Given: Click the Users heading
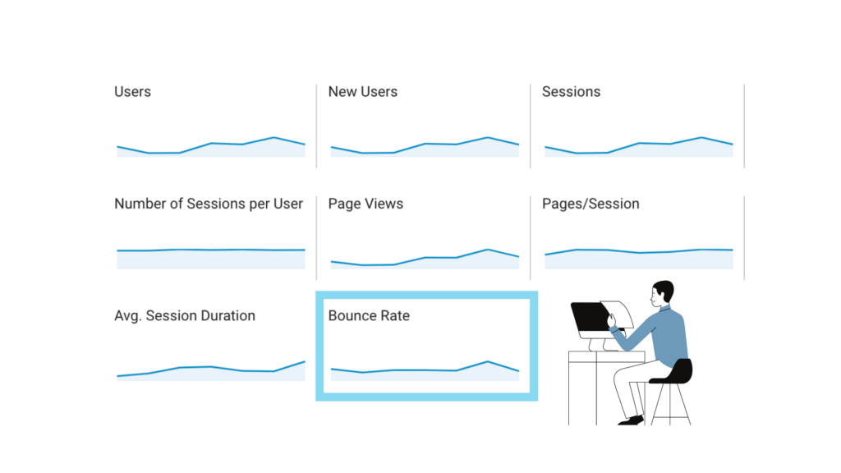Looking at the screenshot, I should coord(132,92).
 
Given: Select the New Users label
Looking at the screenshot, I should coord(362,92).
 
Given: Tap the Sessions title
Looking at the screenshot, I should coord(571,92).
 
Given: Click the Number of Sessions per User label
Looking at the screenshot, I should coord(209,204).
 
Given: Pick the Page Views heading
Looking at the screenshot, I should coord(365,204).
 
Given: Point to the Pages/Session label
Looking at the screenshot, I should coord(591,204).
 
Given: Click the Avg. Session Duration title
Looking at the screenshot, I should coord(185,315).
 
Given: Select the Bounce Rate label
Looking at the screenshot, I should coord(369,315).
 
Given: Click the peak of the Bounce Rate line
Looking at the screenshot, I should coord(488,361).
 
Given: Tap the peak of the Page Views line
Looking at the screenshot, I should coord(488,249).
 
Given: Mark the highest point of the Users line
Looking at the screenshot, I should coord(273,137).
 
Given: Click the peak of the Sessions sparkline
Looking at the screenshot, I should coord(701,137).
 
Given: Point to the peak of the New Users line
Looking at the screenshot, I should coord(488,137).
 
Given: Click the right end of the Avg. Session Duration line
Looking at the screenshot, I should coord(305,361).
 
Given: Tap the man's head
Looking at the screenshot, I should coord(662,293).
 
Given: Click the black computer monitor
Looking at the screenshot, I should coord(588,319).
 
